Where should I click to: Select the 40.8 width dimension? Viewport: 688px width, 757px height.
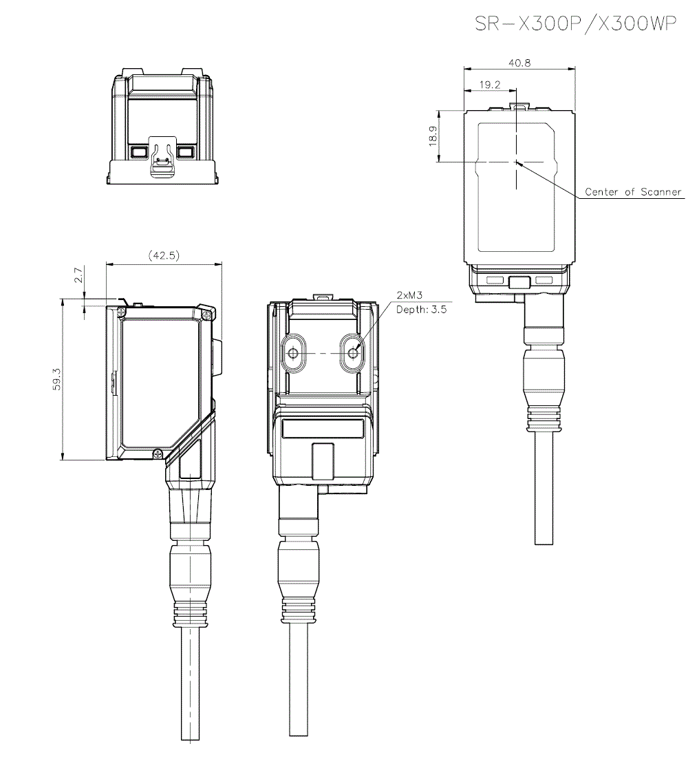tap(519, 63)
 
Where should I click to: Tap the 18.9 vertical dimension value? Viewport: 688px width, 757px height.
tap(432, 136)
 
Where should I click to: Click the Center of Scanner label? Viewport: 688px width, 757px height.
tap(632, 192)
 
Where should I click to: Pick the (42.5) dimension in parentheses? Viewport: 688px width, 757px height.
tap(164, 255)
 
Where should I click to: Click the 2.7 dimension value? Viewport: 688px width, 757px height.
tap(78, 276)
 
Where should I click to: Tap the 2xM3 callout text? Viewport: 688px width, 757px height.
tap(409, 295)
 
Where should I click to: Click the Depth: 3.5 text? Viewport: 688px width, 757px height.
tap(421, 310)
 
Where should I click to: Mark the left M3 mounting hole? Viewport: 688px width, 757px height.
tap(294, 354)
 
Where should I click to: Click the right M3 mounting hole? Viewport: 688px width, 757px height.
tap(354, 354)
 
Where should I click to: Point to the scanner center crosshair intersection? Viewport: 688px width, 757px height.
tap(515, 162)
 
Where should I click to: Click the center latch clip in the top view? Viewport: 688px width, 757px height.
tap(162, 161)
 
